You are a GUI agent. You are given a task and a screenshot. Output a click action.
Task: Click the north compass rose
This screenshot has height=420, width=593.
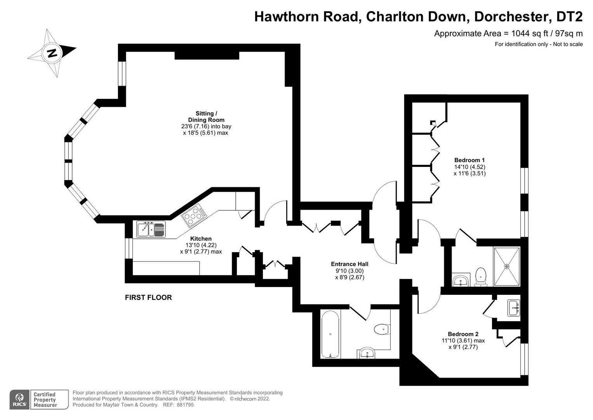point(52,52)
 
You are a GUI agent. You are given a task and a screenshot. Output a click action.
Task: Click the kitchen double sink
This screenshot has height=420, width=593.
point(151,229)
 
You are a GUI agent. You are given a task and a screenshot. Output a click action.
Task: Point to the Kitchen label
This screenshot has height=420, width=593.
point(201,239)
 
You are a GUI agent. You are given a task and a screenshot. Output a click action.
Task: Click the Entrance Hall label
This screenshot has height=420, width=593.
point(350,264)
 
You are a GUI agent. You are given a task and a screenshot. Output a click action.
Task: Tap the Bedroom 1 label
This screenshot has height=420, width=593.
point(470,160)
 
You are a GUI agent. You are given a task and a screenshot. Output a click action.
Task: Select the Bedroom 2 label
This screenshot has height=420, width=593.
point(463,334)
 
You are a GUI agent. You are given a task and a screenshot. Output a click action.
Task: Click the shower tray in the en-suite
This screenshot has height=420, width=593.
point(506,266)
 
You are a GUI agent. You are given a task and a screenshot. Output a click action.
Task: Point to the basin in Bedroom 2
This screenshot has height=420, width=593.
point(513,308)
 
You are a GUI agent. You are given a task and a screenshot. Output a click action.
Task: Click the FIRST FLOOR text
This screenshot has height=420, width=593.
point(148,297)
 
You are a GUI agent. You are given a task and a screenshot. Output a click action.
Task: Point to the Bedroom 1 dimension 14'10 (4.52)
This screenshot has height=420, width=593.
point(470,167)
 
